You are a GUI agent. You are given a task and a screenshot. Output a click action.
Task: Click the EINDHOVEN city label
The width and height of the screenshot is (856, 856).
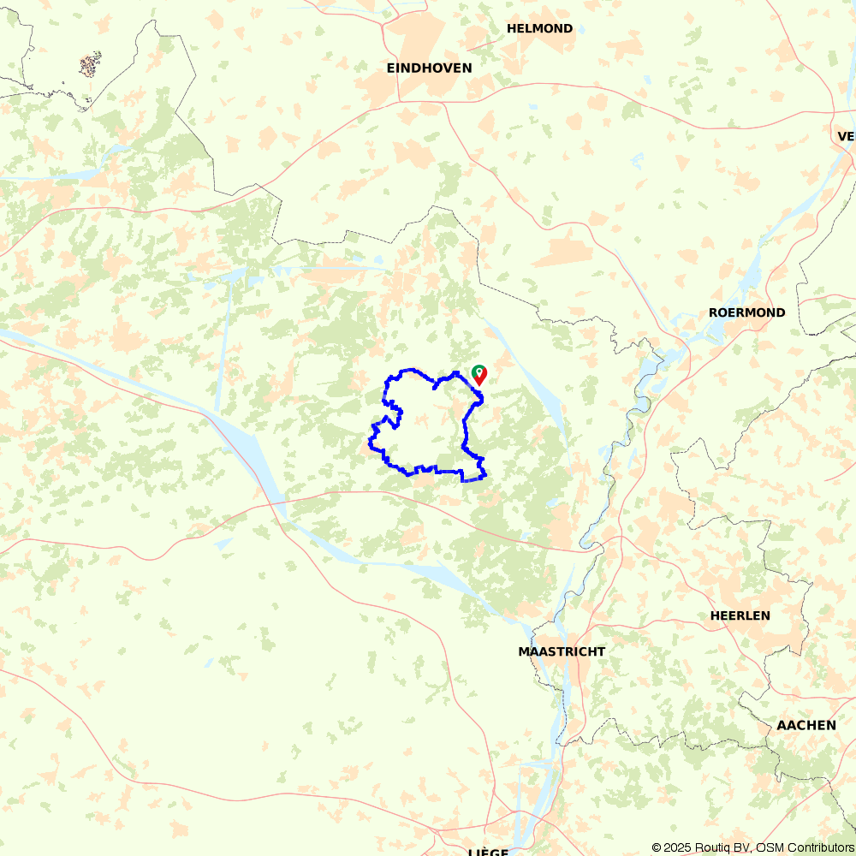click(429, 68)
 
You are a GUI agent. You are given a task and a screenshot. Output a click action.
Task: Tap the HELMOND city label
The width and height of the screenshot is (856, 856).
click(539, 28)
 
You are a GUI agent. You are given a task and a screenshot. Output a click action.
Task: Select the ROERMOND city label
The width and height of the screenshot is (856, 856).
click(746, 312)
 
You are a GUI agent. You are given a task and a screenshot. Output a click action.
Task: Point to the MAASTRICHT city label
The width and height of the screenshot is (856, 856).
click(562, 651)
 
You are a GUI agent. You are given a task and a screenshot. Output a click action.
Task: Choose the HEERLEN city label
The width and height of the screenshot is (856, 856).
click(740, 615)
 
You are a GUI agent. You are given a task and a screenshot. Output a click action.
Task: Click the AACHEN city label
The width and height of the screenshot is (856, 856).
click(806, 725)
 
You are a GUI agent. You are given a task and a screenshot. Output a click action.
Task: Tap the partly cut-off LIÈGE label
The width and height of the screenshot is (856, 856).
click(490, 852)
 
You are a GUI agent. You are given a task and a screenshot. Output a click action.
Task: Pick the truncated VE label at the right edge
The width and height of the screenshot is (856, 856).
click(846, 136)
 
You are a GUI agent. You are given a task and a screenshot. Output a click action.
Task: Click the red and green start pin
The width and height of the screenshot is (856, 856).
click(479, 374)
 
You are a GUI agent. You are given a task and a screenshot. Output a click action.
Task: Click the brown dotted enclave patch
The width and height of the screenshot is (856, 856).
click(90, 64)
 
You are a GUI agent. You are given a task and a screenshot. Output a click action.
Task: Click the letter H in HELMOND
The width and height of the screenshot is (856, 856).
click(511, 28)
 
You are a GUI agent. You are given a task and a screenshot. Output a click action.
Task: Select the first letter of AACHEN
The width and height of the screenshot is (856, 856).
click(782, 725)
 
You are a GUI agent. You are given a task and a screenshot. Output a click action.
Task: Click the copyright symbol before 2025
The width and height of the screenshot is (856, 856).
click(657, 847)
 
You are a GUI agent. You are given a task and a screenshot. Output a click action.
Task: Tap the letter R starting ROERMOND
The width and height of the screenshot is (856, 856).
click(713, 312)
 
